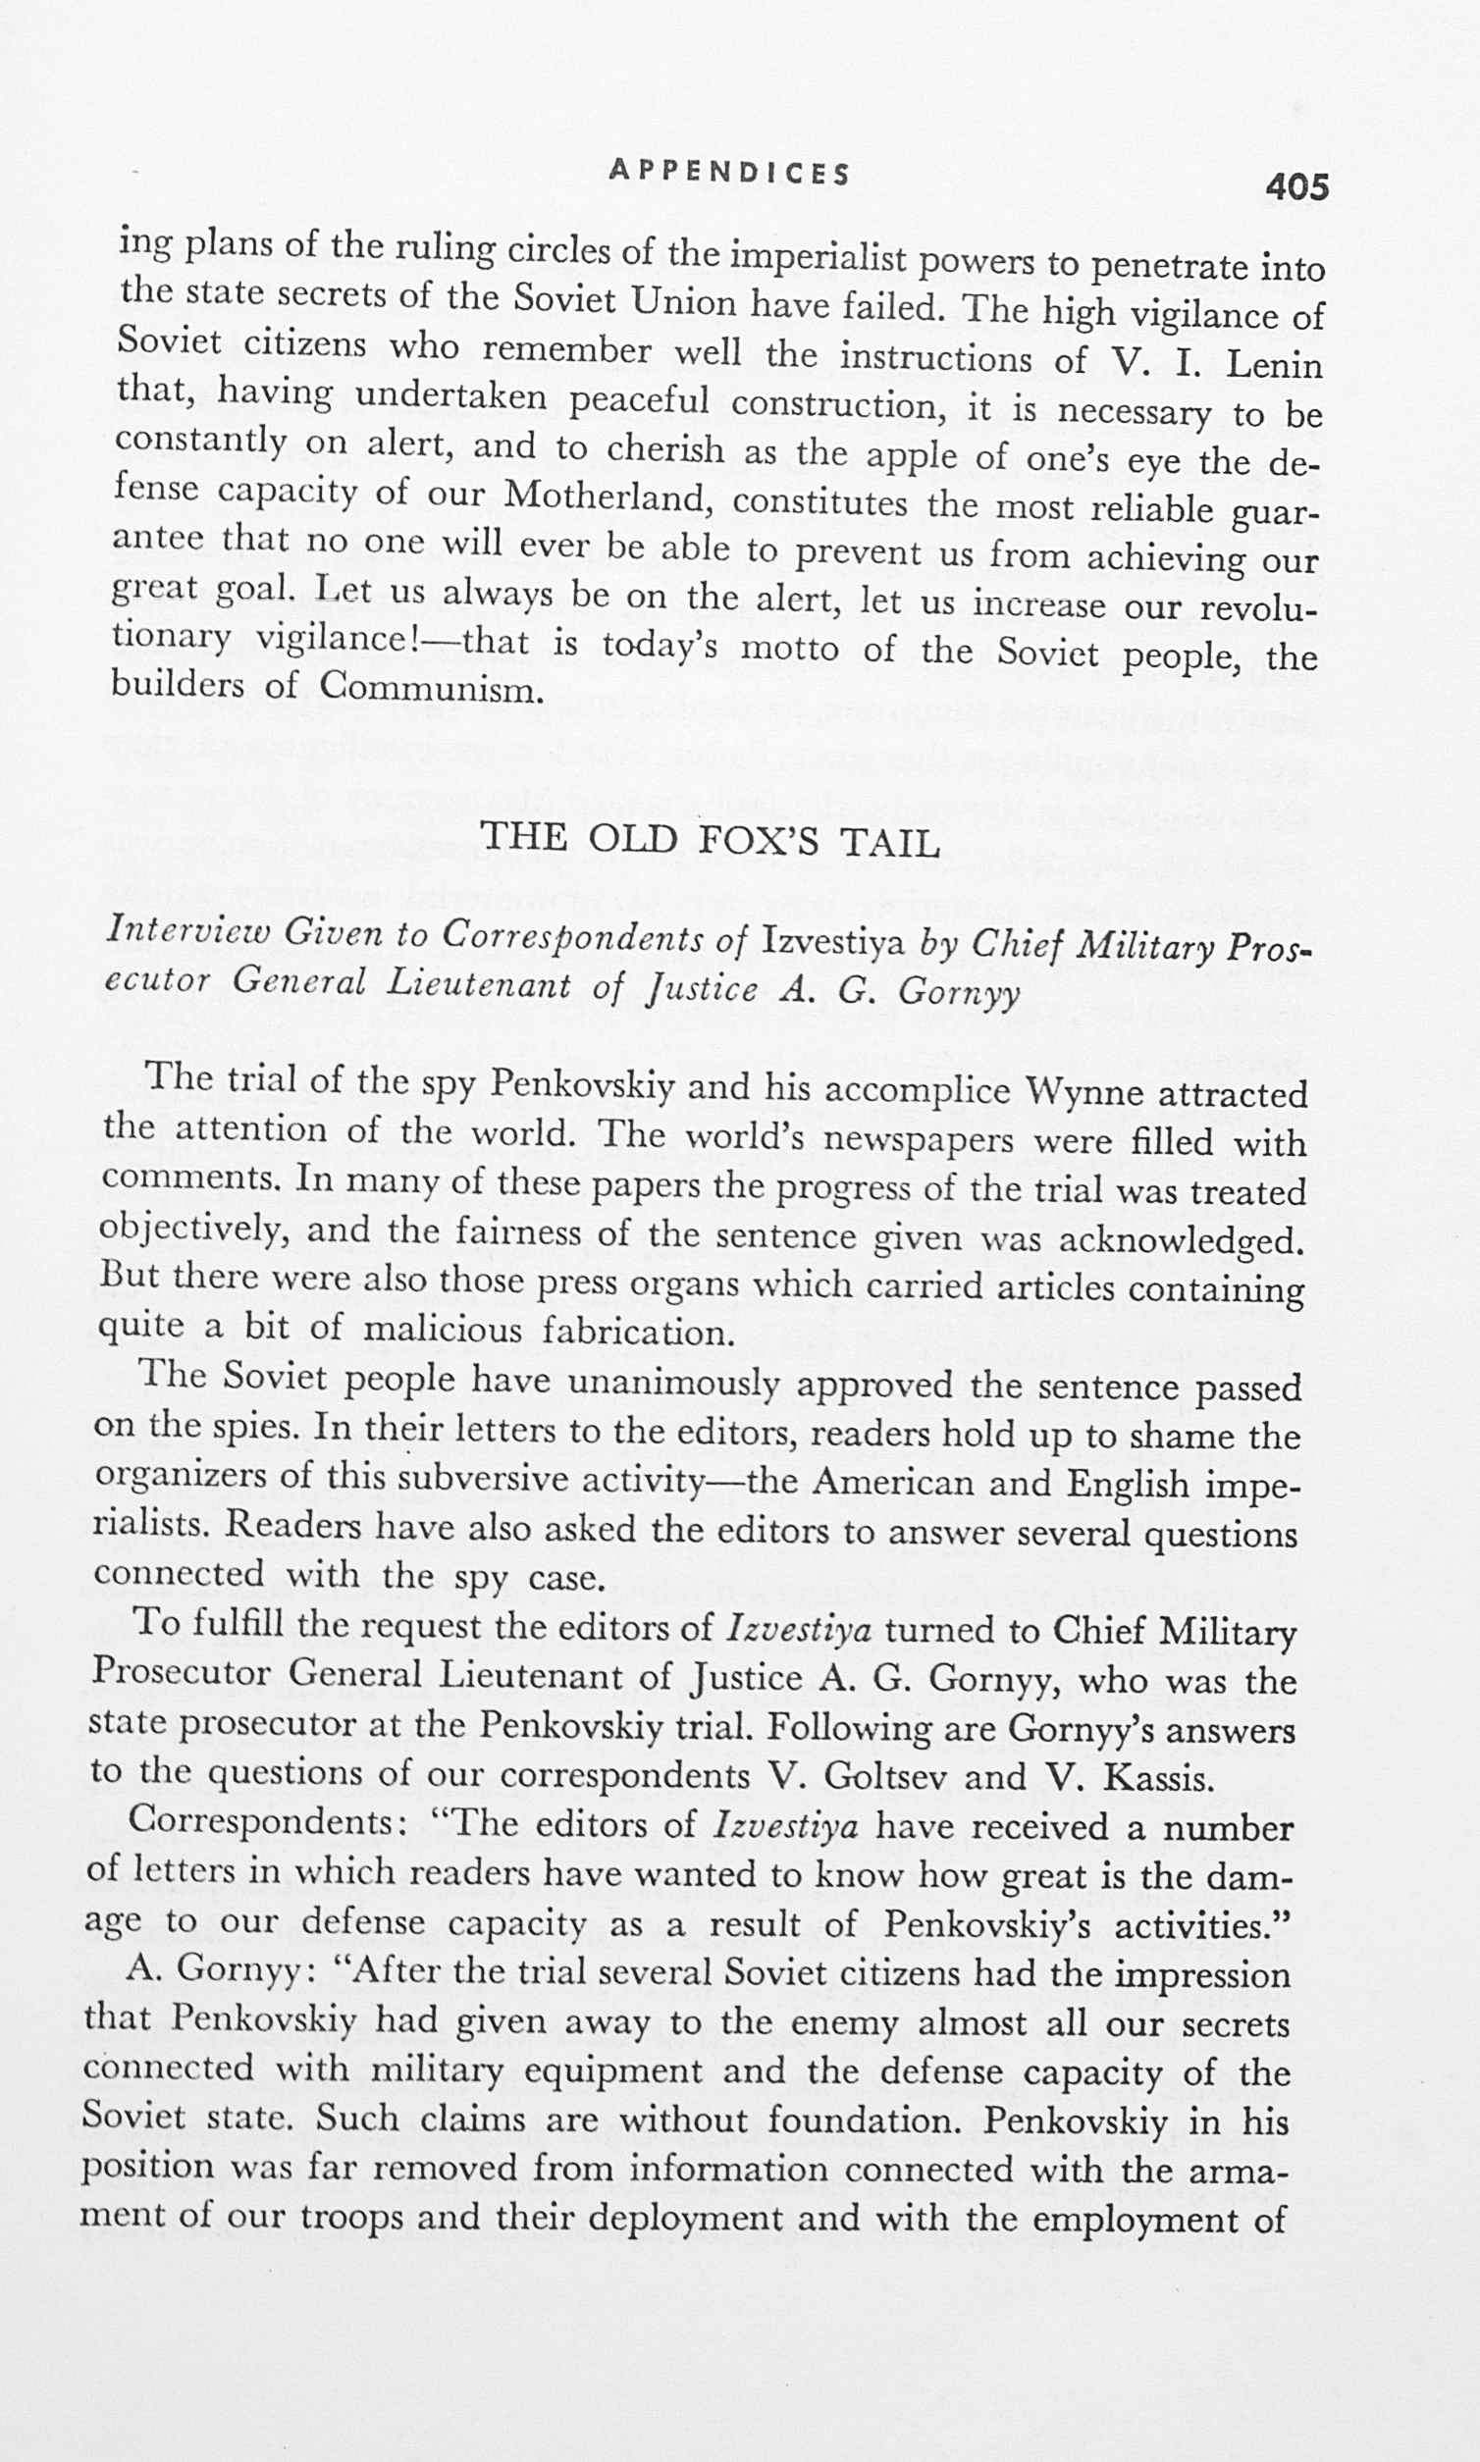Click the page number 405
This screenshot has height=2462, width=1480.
coord(1296,186)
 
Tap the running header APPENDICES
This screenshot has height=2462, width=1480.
coord(729,174)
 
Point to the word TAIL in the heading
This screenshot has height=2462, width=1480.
coord(889,844)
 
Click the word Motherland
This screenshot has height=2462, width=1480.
coord(606,496)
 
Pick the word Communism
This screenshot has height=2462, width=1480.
coord(432,689)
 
